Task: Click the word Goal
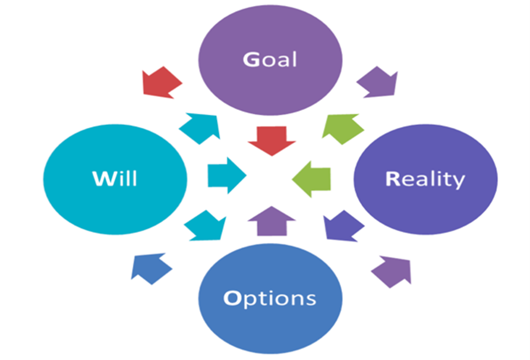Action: pos(270,60)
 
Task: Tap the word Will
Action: pos(115,178)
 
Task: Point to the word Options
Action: pos(270,297)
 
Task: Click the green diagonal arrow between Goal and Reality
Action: pos(343,128)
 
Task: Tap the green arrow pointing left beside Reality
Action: pos(313,176)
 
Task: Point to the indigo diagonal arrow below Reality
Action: pos(343,226)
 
